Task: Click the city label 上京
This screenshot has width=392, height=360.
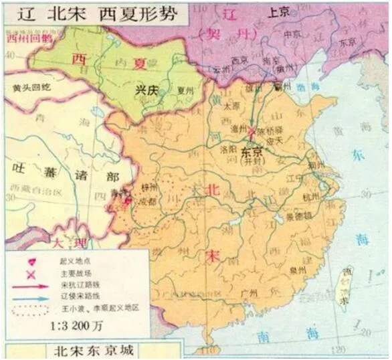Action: point(278,12)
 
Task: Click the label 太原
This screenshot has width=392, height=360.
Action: point(230,106)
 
